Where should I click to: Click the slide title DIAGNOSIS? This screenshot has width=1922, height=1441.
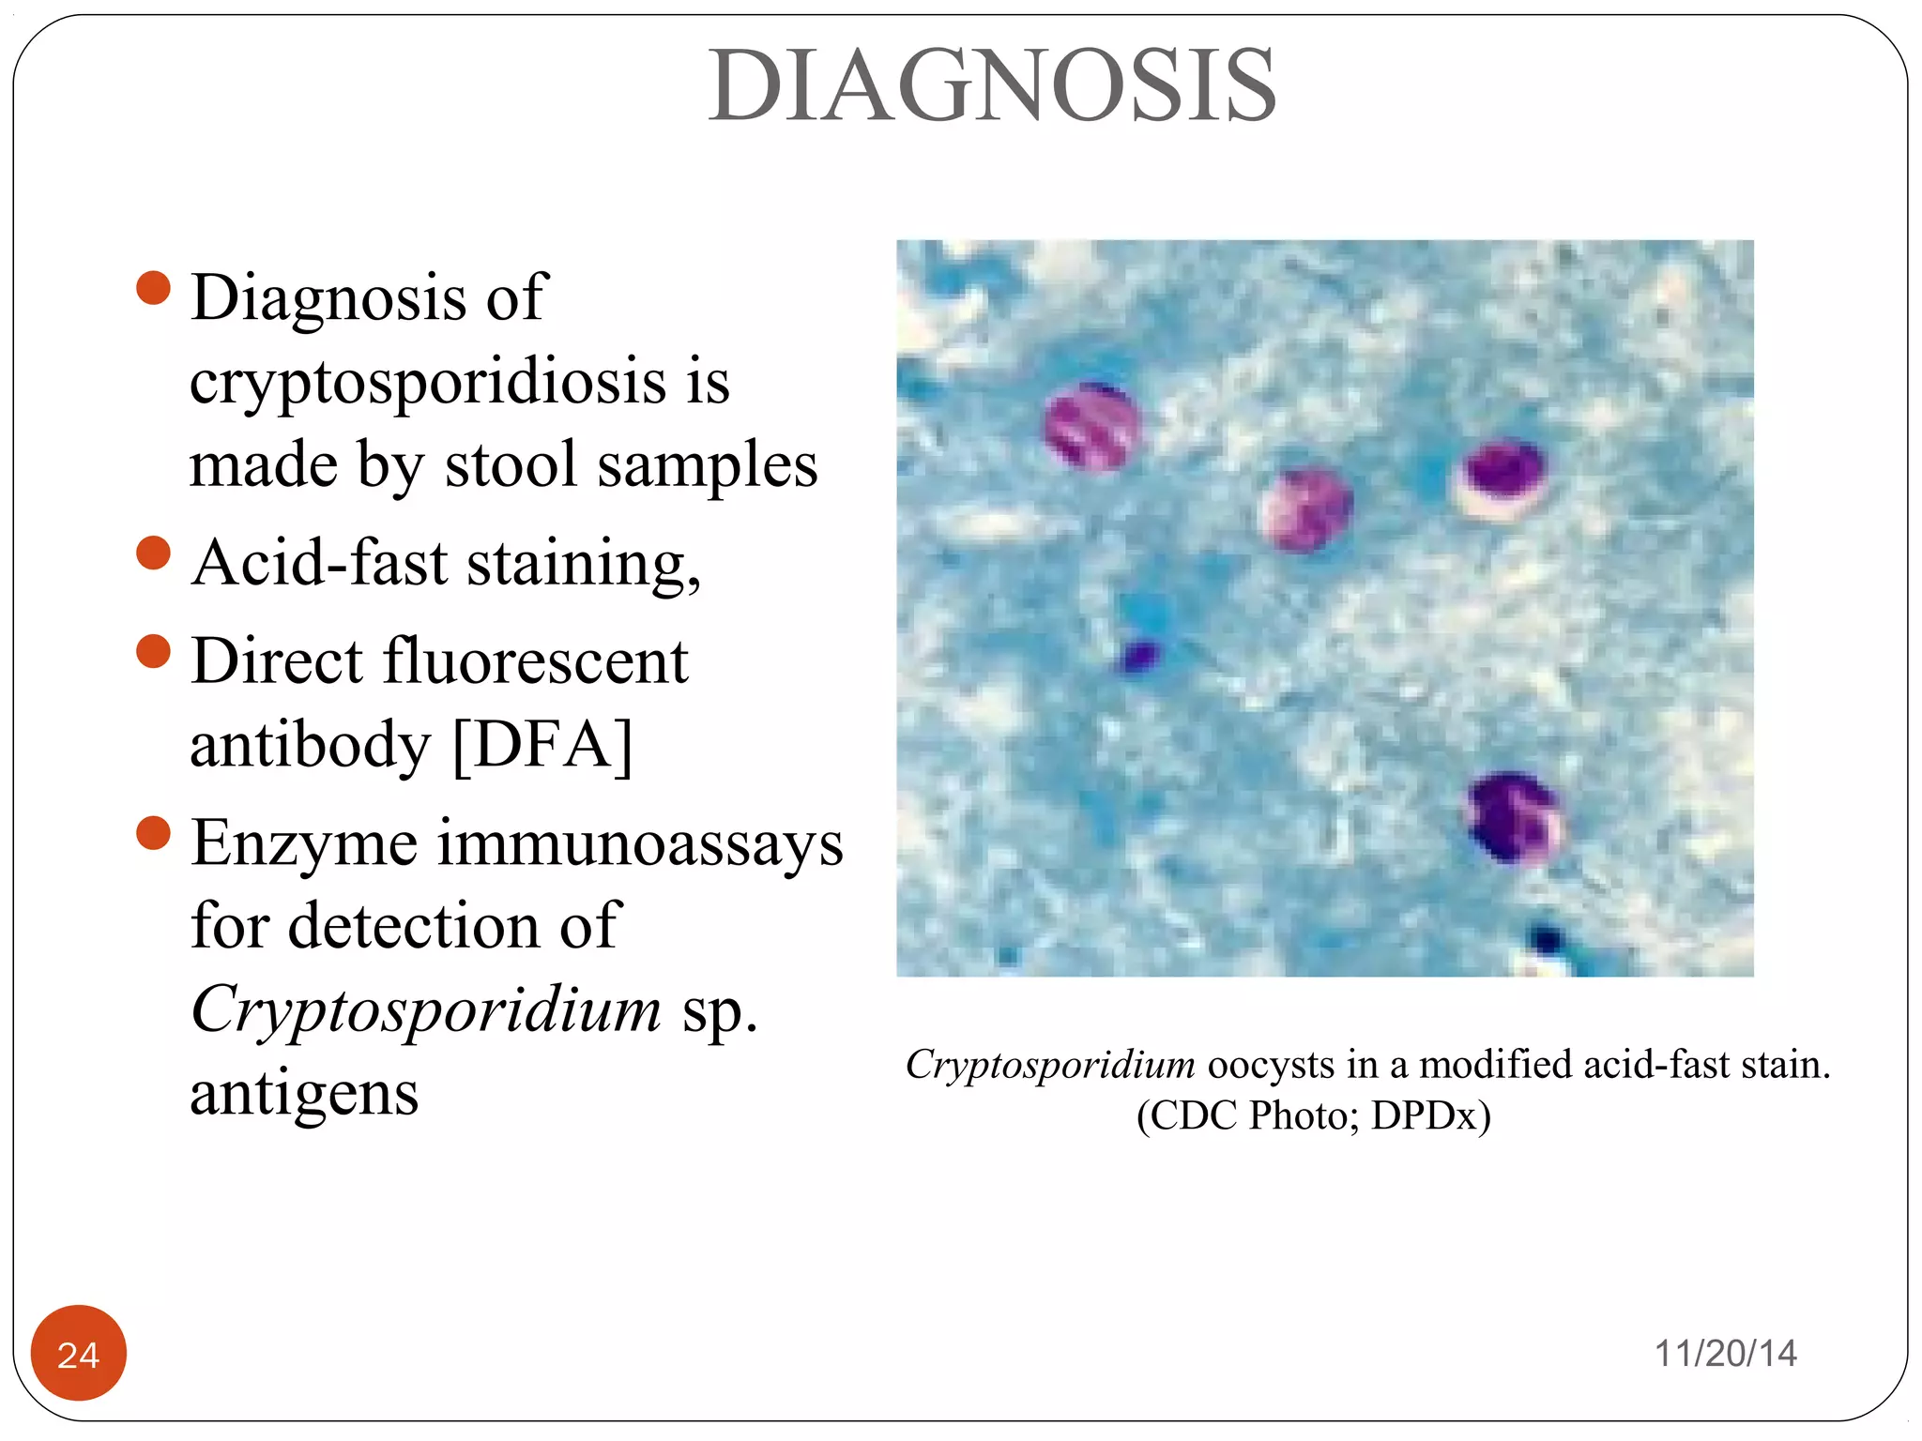click(x=992, y=86)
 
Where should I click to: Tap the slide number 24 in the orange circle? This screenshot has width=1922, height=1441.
click(x=79, y=1354)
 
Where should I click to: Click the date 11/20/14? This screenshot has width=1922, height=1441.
click(x=1725, y=1354)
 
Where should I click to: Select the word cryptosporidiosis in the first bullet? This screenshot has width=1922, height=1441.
click(x=426, y=383)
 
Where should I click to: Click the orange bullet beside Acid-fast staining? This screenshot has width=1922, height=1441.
click(x=153, y=553)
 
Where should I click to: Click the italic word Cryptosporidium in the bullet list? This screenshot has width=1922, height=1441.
click(x=426, y=1009)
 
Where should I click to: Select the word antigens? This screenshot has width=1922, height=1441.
click(x=304, y=1094)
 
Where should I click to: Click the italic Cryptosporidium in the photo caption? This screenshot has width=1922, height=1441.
click(x=1050, y=1065)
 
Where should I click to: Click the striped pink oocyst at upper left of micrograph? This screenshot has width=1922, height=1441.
click(x=1091, y=426)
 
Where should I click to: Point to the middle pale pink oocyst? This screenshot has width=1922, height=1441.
click(x=1304, y=508)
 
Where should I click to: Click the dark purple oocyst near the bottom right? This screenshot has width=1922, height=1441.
click(x=1513, y=816)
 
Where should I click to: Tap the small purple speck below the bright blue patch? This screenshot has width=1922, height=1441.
click(x=1139, y=657)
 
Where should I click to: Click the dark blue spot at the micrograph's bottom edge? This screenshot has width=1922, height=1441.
click(x=1544, y=938)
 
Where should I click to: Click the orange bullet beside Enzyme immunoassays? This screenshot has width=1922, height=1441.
click(x=153, y=832)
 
